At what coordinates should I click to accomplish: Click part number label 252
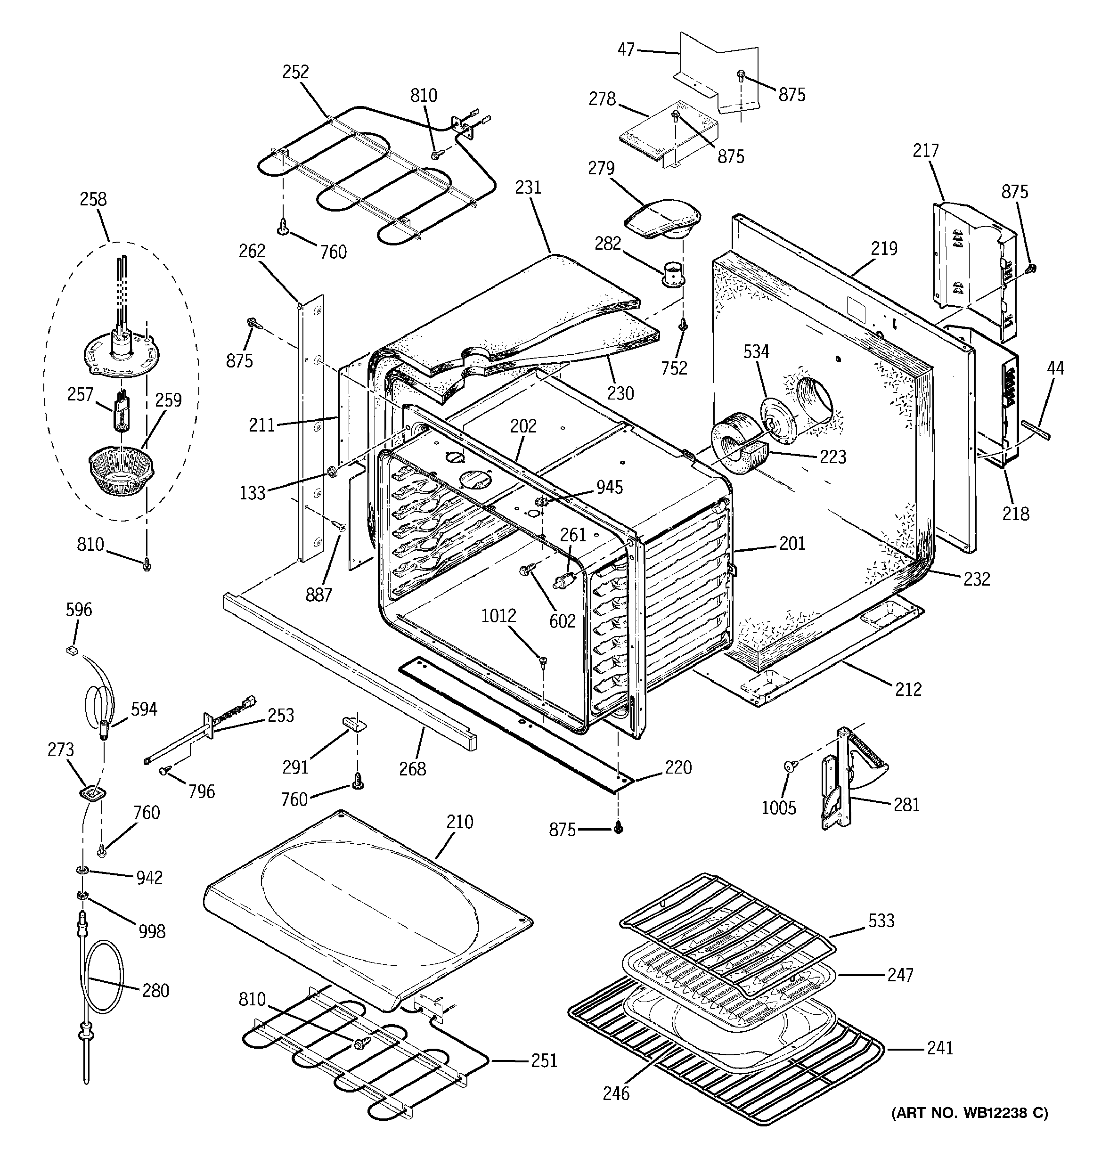(x=295, y=72)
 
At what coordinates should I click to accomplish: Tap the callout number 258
(x=93, y=199)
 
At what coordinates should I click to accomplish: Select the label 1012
(x=499, y=616)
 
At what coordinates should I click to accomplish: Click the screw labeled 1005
(x=789, y=766)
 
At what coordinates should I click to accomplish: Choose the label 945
(x=610, y=488)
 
